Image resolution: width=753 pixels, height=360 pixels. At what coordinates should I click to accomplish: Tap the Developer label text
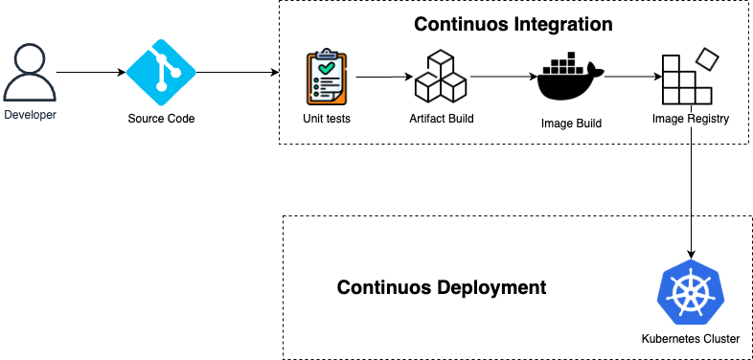(30, 115)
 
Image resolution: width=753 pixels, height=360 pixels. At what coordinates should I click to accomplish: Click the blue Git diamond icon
(161, 73)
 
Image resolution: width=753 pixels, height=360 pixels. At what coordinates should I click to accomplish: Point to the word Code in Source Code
(181, 119)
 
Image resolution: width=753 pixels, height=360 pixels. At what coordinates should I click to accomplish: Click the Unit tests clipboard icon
(327, 77)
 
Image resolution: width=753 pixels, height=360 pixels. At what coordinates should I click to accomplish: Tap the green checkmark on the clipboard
(327, 69)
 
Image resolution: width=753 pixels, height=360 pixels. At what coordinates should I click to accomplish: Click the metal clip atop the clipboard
(327, 54)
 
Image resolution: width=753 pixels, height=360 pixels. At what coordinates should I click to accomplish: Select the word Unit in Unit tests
(313, 120)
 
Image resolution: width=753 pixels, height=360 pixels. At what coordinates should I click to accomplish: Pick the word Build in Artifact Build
(461, 119)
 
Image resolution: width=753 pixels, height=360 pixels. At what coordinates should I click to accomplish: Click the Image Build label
(571, 124)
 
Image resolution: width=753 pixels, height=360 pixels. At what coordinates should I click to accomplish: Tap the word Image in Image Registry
(667, 119)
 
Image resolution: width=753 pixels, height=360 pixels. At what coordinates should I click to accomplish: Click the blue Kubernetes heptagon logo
(690, 292)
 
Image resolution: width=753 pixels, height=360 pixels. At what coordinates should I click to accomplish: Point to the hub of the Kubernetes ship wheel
(690, 293)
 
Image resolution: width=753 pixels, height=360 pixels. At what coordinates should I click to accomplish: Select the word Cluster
(723, 340)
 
